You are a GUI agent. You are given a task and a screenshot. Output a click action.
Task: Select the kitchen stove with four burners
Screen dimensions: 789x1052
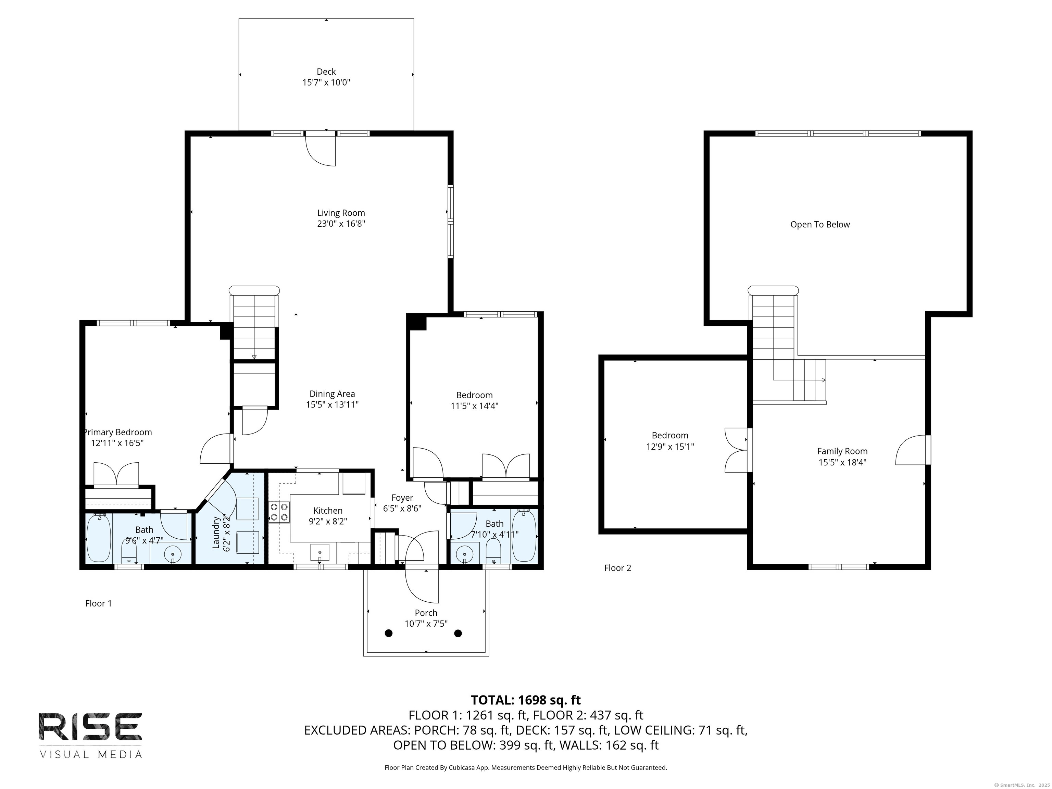click(x=279, y=512)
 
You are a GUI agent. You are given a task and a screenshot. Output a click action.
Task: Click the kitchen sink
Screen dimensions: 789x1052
click(x=320, y=553)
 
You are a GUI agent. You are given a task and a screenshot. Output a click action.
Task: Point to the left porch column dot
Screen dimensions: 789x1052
click(x=389, y=633)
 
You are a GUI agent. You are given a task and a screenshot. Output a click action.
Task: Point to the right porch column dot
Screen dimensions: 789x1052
click(x=458, y=633)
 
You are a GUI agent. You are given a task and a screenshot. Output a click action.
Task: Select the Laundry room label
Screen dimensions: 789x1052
click(x=216, y=532)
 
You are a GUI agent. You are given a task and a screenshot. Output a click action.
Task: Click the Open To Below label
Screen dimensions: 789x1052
click(x=819, y=225)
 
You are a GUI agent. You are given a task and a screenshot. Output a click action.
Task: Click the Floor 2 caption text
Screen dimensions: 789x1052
click(x=617, y=568)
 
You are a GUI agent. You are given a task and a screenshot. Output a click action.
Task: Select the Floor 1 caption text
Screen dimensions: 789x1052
click(x=98, y=603)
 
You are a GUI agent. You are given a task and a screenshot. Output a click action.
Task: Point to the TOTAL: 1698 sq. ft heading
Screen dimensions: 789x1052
click(x=526, y=700)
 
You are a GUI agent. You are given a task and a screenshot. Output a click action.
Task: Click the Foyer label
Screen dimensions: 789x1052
click(x=402, y=498)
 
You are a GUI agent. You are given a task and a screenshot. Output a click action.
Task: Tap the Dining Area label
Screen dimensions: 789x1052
click(x=332, y=394)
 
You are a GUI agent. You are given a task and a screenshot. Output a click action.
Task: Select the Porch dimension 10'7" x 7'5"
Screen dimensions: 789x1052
click(x=426, y=624)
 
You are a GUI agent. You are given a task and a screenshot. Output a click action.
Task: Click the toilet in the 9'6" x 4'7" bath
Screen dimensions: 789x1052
click(x=129, y=551)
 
